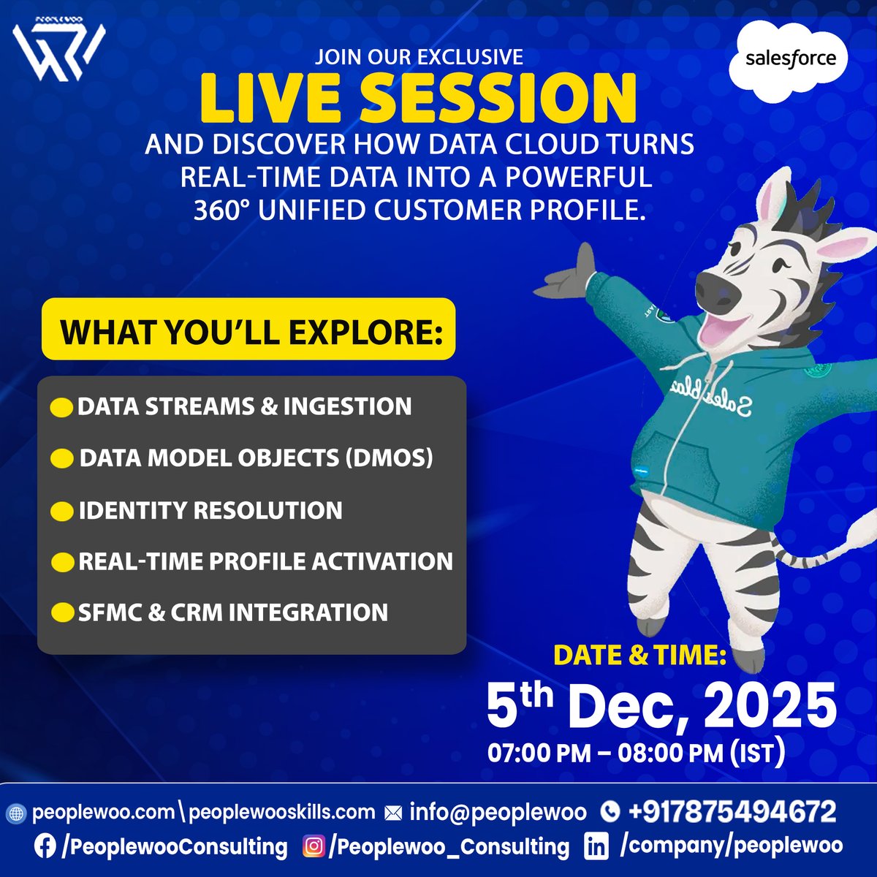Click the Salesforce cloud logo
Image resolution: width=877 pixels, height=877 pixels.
[790, 58]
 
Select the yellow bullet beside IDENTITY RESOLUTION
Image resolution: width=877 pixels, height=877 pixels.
[61, 510]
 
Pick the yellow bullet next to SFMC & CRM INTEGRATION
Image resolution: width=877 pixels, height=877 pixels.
[61, 612]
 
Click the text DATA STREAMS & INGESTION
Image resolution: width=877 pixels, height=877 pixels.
[244, 406]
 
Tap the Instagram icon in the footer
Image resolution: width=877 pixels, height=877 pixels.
[314, 847]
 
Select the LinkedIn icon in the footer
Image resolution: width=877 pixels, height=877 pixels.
[596, 847]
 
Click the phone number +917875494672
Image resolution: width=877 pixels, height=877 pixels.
[732, 811]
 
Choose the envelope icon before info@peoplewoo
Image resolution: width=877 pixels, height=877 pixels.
[393, 812]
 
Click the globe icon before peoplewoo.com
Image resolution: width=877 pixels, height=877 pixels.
[15, 813]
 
